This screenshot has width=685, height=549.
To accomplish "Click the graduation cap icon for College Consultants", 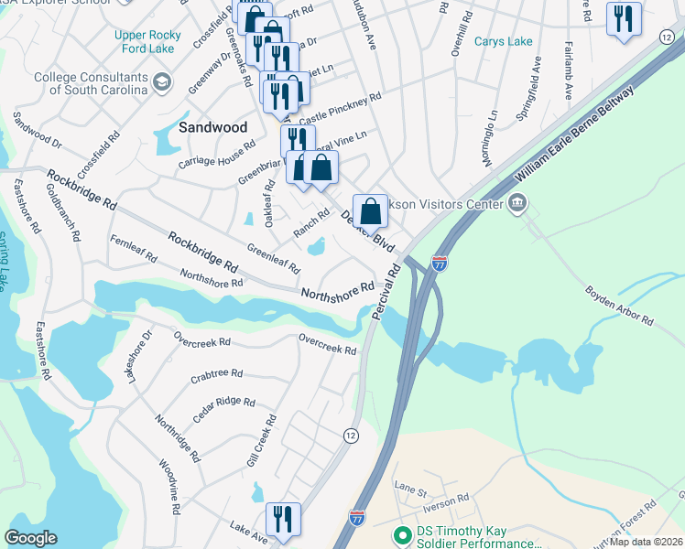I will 162,83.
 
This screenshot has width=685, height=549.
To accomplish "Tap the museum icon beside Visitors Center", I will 517,202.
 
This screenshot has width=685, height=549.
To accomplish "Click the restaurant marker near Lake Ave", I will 283,519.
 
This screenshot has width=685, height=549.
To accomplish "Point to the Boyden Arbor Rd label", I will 621,307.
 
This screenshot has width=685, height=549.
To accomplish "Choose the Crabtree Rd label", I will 216,374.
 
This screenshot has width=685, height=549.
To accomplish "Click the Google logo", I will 31,538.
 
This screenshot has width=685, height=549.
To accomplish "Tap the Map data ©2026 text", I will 646,542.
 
